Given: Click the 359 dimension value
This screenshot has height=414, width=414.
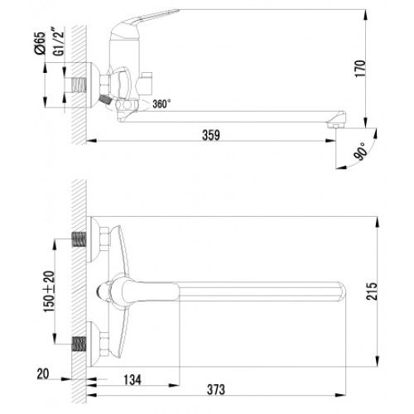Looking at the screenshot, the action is (211, 135).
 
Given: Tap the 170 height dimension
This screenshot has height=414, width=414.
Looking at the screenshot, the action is (360, 69).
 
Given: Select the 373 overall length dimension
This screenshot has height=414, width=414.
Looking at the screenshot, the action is (216, 390).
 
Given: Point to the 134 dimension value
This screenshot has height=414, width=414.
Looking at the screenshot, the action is (132, 380).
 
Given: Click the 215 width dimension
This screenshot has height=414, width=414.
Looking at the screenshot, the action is (372, 291).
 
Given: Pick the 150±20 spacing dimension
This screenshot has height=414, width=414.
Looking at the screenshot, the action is (49, 291).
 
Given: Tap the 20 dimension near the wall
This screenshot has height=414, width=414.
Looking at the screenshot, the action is (43, 374).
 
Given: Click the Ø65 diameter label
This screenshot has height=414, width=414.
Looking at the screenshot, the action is (40, 43).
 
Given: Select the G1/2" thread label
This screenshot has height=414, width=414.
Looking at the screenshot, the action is (58, 42).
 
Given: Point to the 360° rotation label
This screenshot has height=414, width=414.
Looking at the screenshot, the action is (161, 104).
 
